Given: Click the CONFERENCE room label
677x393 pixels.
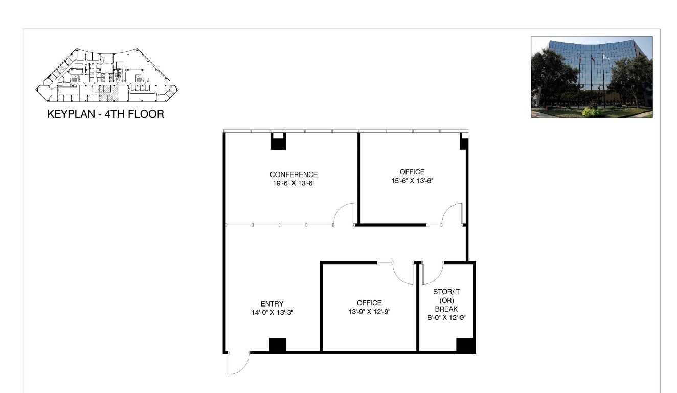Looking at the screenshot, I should point(294,174).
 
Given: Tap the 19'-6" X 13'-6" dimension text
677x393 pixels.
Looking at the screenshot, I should point(294,183).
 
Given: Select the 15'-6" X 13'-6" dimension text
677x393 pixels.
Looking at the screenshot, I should point(412,180).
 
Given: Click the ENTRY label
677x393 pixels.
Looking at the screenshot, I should point(272,303).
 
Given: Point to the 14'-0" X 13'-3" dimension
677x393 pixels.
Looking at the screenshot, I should point(272,312).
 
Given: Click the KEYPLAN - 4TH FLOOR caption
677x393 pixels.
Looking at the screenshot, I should point(106,114).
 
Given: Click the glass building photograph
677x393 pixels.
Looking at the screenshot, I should point(592,77).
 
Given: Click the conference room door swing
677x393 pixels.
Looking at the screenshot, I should point(344,214).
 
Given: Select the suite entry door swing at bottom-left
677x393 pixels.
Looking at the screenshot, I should point(238,363).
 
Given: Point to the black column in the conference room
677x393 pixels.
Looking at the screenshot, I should point(278,141).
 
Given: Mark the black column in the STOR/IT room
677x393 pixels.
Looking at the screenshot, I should point(465,345).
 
